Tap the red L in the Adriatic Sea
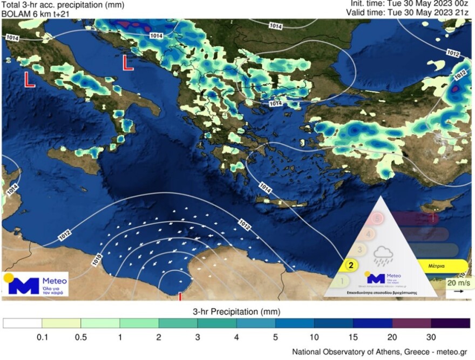point(127,62)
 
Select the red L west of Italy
point(30,80)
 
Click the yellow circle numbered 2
point(351,265)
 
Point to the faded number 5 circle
point(377,219)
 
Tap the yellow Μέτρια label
point(436,266)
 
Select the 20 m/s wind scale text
point(458,282)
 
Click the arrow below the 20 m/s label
point(458,291)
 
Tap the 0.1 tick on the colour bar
point(42,338)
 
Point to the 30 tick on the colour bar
point(431,338)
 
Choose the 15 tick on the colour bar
point(353,338)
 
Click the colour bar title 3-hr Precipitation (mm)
point(236,312)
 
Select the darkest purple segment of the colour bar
point(450,323)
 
